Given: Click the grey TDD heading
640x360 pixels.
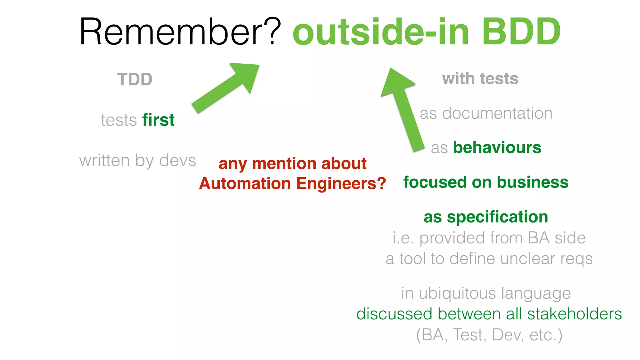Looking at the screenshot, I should pos(135,79).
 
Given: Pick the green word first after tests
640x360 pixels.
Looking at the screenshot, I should pos(158,120).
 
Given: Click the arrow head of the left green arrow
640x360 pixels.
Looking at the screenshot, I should pos(247,75).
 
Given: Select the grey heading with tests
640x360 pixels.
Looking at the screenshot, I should pos(480,79).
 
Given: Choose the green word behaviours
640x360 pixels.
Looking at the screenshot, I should pos(497,147).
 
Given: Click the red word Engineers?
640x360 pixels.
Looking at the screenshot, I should pos(341,183).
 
